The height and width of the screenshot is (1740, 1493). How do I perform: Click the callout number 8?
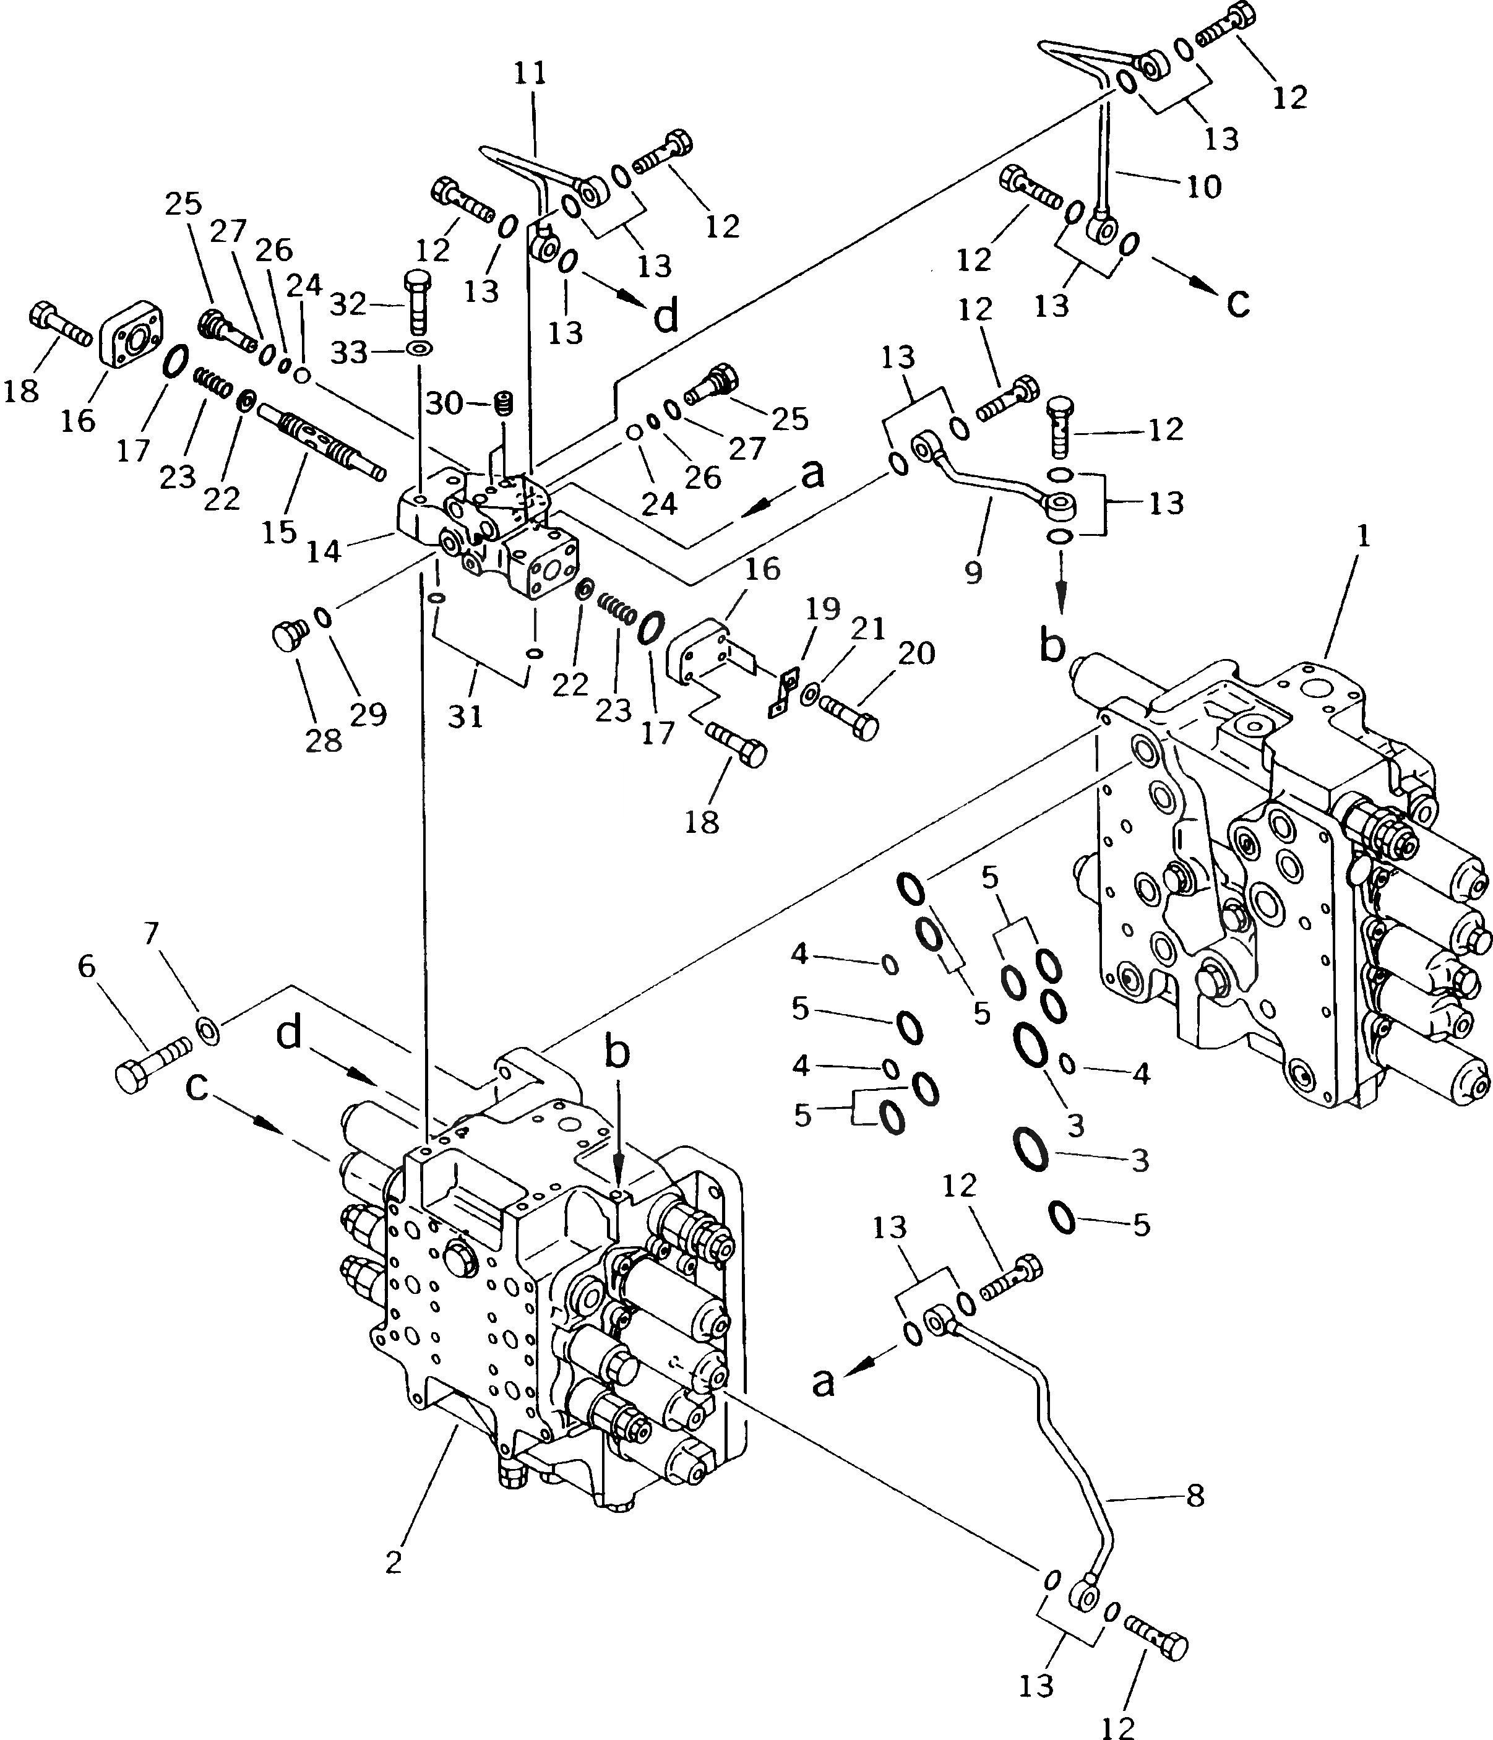[1196, 1495]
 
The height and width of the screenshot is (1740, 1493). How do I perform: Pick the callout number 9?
[973, 574]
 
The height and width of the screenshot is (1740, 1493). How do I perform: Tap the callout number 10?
[1204, 186]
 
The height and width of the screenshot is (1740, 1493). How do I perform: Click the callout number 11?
[530, 74]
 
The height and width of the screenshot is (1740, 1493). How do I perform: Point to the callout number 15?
[279, 532]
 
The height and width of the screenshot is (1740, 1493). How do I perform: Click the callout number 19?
[823, 609]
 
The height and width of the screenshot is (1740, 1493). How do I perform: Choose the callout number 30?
[444, 404]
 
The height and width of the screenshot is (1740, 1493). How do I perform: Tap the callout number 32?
[348, 303]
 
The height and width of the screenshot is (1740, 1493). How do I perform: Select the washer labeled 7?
[209, 1030]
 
